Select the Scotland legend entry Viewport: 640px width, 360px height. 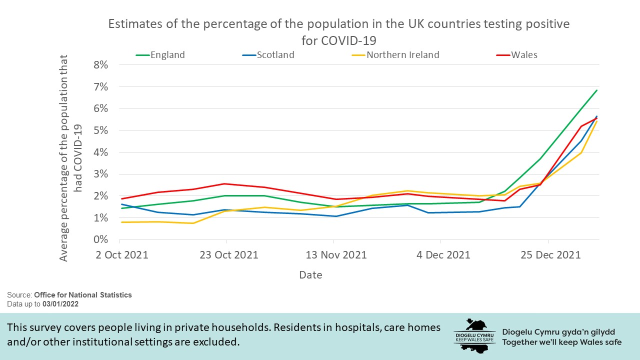(275, 55)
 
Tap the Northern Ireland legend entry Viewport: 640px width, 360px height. (402, 55)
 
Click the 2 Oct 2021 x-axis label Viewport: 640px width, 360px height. (122, 255)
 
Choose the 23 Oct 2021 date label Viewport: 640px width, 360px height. (229, 255)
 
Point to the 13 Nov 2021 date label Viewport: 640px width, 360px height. (336, 255)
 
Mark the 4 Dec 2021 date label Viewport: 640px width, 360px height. (443, 255)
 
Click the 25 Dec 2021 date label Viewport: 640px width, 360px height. (550, 255)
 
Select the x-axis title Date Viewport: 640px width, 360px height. (310, 275)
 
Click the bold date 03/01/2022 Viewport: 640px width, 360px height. (60, 304)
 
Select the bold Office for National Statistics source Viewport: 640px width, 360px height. (83, 295)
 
